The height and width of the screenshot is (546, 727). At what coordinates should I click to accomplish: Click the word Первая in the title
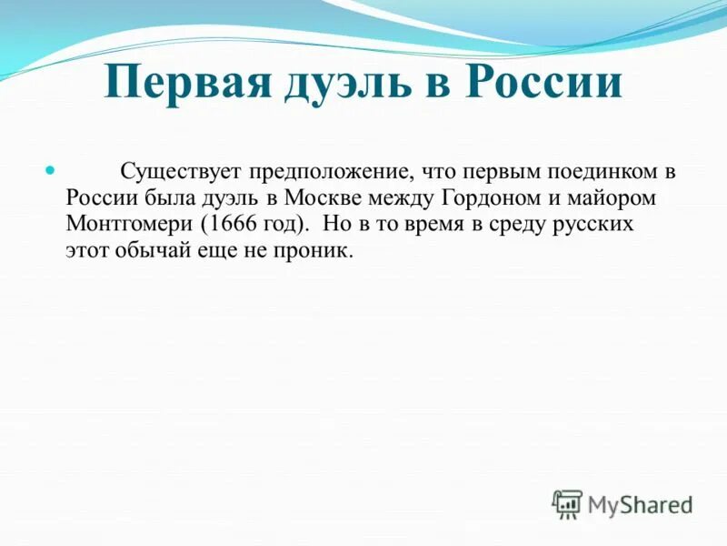(186, 83)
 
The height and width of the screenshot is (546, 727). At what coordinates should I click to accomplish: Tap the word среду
(523, 224)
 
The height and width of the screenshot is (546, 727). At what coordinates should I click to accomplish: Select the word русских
(602, 224)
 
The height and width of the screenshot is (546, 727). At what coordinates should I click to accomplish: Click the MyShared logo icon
(568, 503)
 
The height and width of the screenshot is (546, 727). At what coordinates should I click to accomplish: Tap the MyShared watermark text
(640, 504)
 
